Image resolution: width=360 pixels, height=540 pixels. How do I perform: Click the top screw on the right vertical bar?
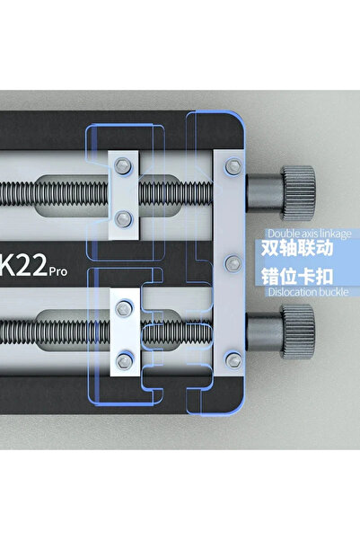coord(233,165)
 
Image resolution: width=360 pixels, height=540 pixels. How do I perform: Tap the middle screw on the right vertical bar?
coord(233,262)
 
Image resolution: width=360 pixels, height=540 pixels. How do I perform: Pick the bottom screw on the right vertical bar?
coord(233,359)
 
